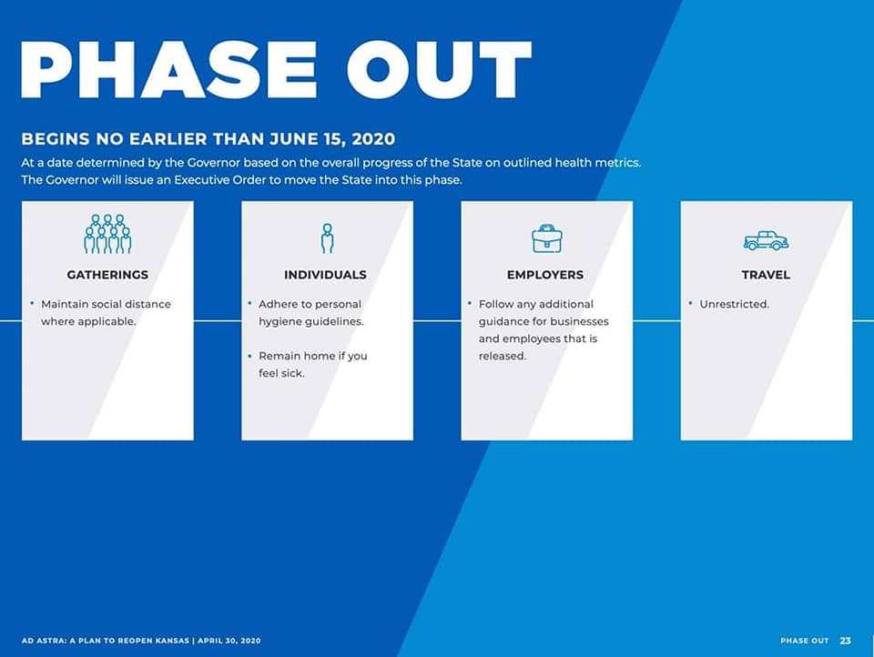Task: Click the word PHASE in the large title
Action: [x=169, y=70]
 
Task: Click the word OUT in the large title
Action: [x=439, y=70]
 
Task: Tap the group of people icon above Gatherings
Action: [x=107, y=234]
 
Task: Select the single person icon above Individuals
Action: [x=327, y=238]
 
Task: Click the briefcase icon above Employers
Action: [x=547, y=238]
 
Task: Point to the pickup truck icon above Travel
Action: [x=766, y=240]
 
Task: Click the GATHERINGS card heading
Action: [x=107, y=275]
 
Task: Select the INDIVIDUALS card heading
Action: [x=326, y=275]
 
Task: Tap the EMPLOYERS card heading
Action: [x=545, y=275]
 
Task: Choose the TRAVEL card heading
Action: [x=766, y=275]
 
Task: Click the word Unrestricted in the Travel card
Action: [x=734, y=304]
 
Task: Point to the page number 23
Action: [x=846, y=641]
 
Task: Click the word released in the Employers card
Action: [x=503, y=356]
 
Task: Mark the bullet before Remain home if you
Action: [x=249, y=355]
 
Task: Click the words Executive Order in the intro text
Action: [x=220, y=180]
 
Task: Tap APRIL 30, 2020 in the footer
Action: [x=229, y=641]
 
